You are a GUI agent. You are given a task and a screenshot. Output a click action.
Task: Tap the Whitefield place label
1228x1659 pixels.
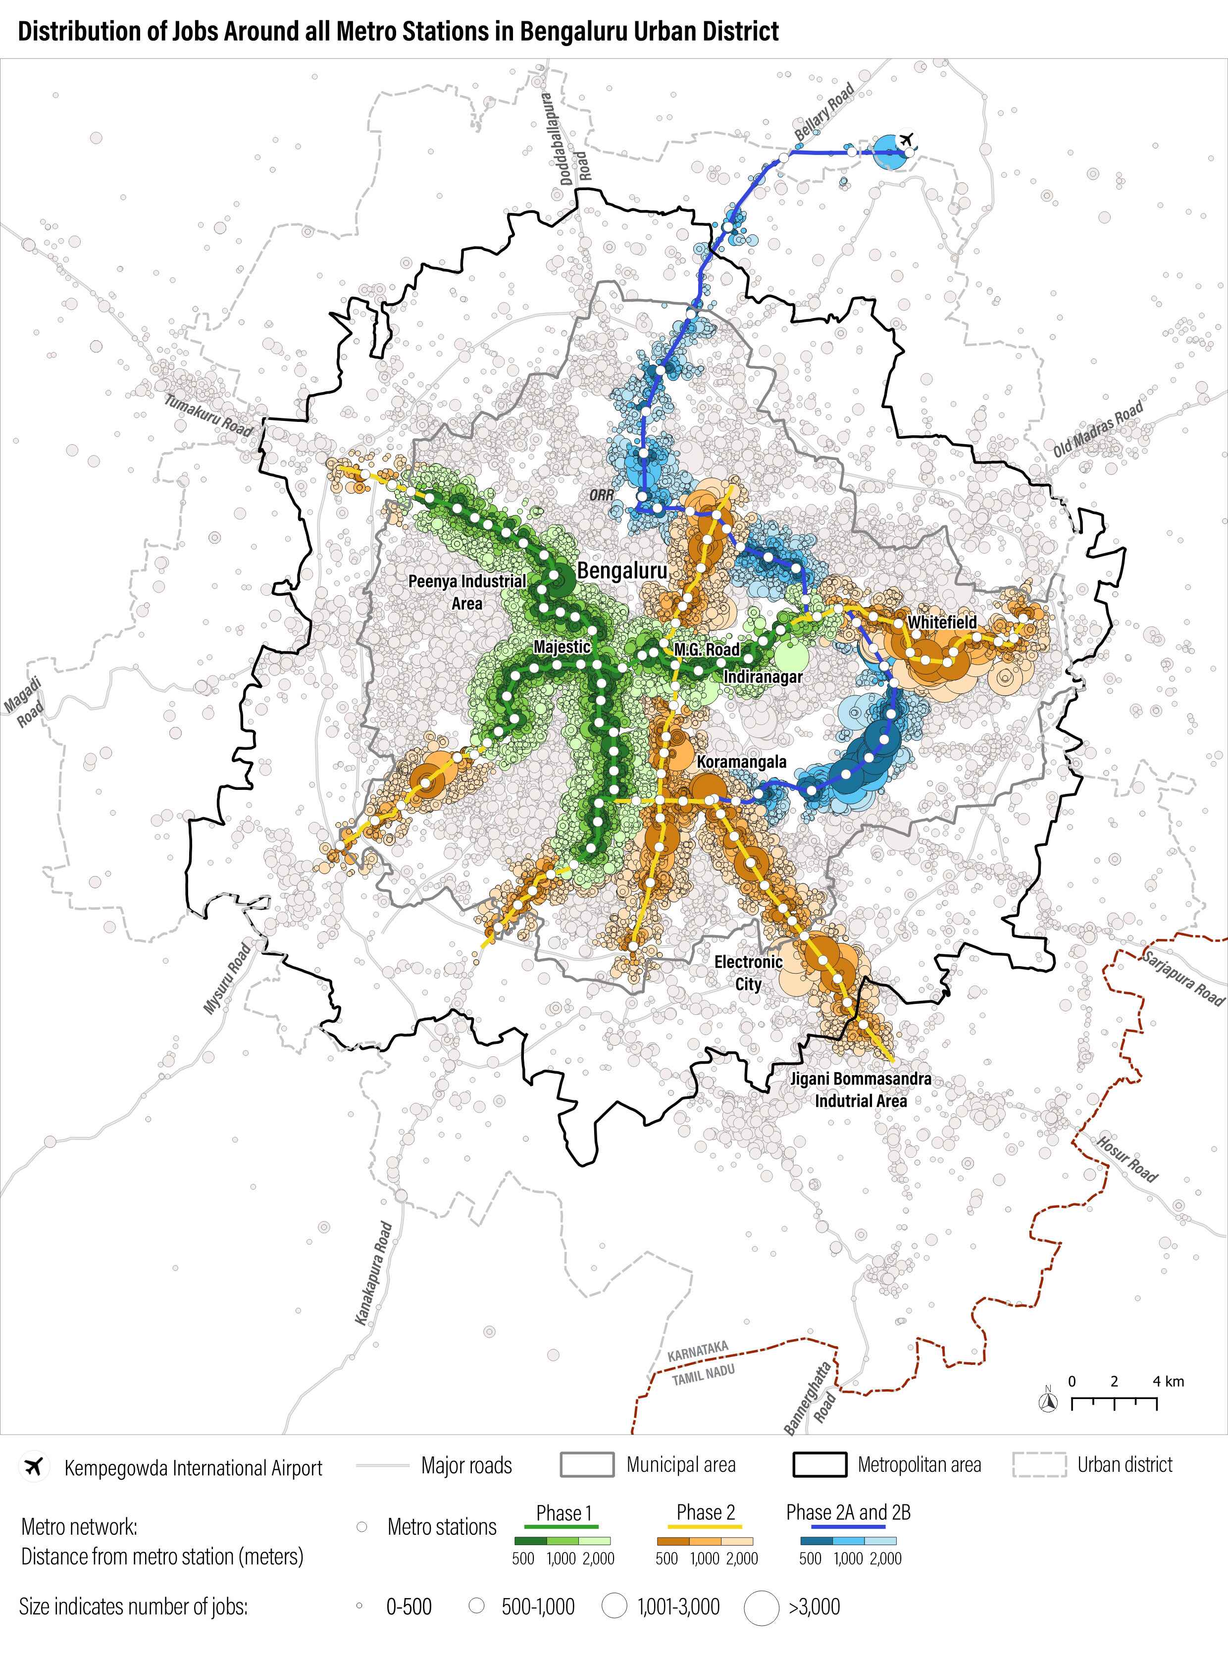click(942, 622)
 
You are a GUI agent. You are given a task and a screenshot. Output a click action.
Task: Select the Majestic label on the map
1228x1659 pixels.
click(562, 647)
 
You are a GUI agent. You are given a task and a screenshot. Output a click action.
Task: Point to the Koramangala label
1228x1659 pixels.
click(741, 762)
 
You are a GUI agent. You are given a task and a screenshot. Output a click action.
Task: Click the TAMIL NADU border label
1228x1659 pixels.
click(703, 1375)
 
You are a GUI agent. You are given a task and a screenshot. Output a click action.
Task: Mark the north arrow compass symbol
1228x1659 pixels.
click(1049, 1402)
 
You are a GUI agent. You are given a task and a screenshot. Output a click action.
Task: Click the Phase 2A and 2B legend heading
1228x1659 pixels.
click(848, 1512)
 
